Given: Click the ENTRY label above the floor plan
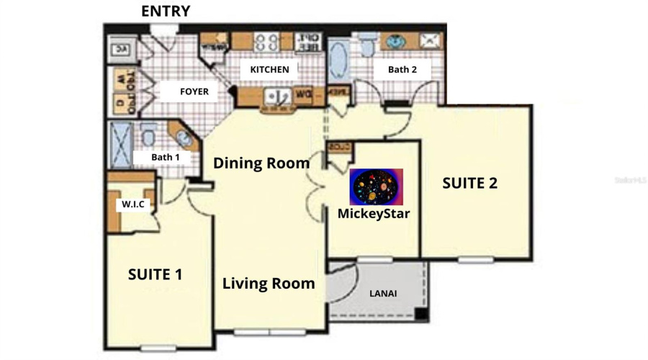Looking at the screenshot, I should click(166, 12).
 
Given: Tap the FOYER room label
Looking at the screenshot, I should click(194, 91).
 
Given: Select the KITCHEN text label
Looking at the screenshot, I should click(269, 70).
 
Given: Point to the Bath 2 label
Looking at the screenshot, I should click(402, 70).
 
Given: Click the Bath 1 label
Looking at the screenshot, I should click(166, 156).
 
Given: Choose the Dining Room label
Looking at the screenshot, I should click(261, 163).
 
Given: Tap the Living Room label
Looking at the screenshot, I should click(269, 283).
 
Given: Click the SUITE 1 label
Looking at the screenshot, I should click(155, 274).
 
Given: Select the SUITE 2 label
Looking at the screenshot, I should click(469, 183).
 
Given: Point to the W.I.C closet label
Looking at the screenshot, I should click(132, 204).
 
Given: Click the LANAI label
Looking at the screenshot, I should click(383, 294).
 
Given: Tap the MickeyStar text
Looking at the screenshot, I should click(374, 213).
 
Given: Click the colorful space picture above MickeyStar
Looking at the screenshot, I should click(376, 187).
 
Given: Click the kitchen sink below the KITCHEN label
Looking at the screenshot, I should click(275, 96).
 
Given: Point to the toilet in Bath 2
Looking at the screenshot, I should click(368, 46).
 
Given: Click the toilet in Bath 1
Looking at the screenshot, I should click(149, 135).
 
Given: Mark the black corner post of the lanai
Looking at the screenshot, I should click(421, 315).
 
